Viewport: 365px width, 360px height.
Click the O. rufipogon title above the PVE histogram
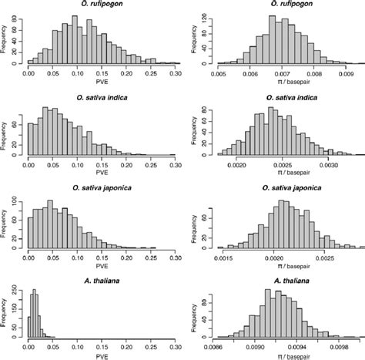[x=102, y=6]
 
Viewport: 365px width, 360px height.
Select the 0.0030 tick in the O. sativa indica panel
[x=330, y=164]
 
